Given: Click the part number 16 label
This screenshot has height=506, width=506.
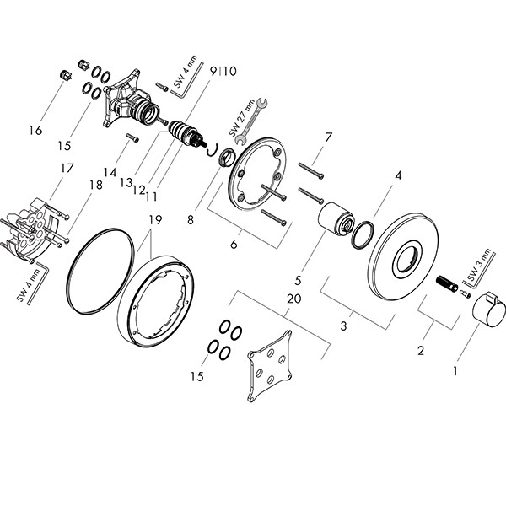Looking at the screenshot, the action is pos(35,131).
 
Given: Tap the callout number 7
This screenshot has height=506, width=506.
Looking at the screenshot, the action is pos(328,137).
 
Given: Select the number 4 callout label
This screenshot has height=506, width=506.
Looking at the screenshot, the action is pos(399,175).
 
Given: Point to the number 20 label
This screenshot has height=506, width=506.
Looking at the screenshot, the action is pos(294,299).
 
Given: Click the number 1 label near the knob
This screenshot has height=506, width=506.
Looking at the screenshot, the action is pos(455,371).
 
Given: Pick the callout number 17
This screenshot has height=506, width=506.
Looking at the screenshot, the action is pos(67,168).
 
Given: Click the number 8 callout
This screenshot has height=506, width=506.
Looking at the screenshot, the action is pos(191,220).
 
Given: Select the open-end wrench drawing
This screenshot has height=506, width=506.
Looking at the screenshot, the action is pos(252,121).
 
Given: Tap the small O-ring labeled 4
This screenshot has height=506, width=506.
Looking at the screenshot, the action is pos(363,235).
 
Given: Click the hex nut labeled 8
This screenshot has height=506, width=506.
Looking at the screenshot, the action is pos(227,157).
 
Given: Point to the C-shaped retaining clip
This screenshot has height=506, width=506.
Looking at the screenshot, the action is pos(212,150).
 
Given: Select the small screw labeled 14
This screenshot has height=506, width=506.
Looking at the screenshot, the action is pos(133,137).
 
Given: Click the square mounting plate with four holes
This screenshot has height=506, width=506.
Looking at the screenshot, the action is pos(270,366).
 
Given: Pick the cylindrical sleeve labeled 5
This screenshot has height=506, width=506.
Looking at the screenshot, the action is pos(336,219).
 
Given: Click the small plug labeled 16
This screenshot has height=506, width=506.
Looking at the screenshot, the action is pos(66,76).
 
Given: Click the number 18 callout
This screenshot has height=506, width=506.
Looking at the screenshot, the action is pos(96,186).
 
